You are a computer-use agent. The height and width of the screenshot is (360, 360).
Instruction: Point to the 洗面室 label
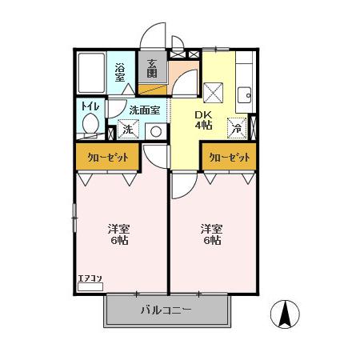[145, 110]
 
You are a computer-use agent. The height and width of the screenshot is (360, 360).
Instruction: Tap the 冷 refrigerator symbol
[236, 126]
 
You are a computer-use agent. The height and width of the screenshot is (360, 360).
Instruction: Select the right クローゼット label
[230, 158]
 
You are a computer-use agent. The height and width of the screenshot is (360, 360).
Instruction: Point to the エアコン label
[89, 279]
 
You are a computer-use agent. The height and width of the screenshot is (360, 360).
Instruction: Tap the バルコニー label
[166, 309]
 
